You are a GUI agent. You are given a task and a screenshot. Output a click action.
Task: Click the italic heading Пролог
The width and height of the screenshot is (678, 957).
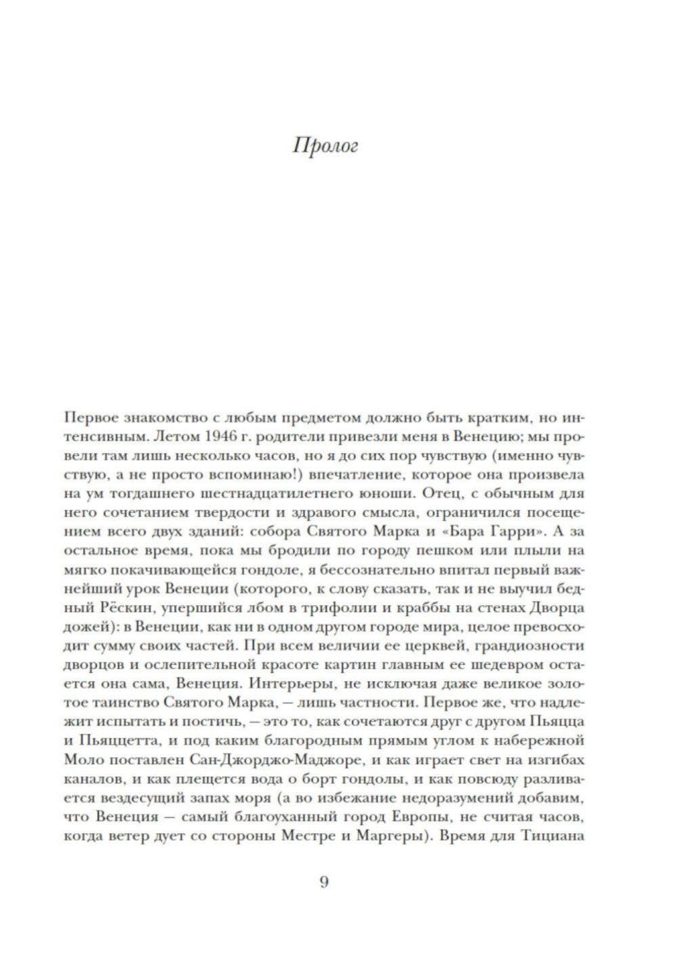pyautogui.click(x=325, y=146)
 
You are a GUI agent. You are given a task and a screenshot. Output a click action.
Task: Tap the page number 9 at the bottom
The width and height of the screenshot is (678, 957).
pyautogui.click(x=323, y=882)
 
